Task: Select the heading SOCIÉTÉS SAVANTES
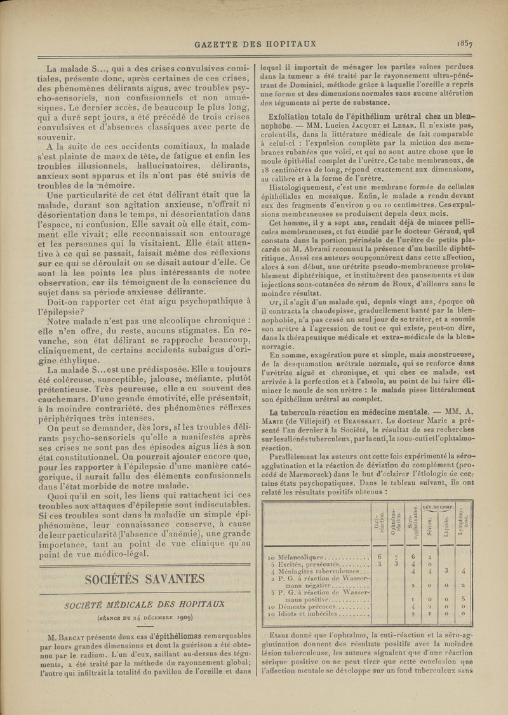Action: [143, 579]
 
